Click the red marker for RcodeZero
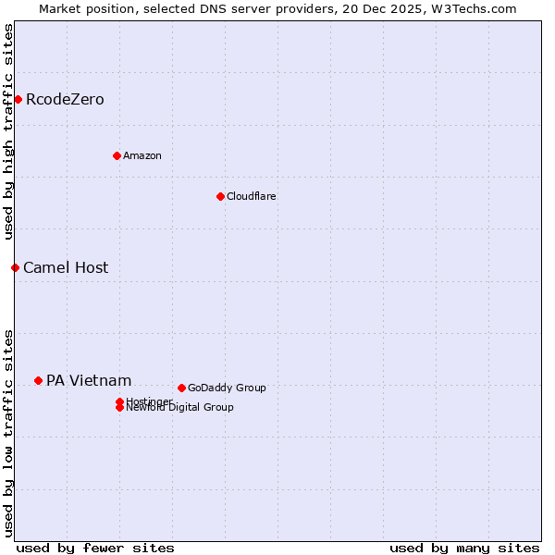(18, 99)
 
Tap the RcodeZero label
(65, 100)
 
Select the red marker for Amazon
(117, 155)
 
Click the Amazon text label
(142, 155)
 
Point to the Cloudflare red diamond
(220, 196)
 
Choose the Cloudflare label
(251, 196)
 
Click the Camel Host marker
(15, 267)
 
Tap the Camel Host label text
(66, 268)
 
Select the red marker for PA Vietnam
(38, 380)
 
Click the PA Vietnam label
(89, 381)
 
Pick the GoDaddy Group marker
(181, 388)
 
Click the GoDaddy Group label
(226, 388)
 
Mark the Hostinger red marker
(119, 401)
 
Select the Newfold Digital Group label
(179, 408)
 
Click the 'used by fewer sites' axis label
(95, 549)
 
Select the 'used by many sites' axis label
(464, 549)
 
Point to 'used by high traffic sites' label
(9, 131)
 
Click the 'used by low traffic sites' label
(9, 432)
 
